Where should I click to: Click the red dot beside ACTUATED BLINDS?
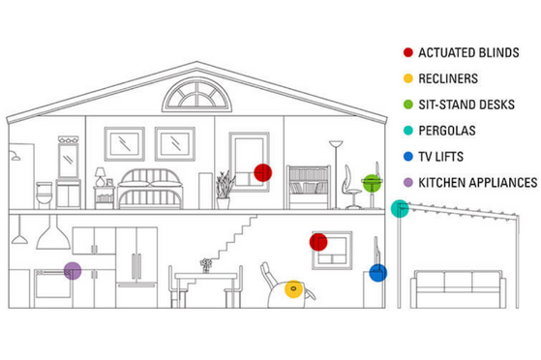pyautogui.click(x=408, y=51)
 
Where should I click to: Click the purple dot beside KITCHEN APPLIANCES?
pyautogui.click(x=408, y=182)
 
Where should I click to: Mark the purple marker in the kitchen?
pyautogui.click(x=73, y=270)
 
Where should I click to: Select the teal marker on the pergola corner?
pyautogui.click(x=399, y=208)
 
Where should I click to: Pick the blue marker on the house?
pyautogui.click(x=377, y=273)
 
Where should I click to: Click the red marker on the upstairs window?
pyautogui.click(x=262, y=172)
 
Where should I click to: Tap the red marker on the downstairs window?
pyautogui.click(x=317, y=241)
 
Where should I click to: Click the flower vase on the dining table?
pyautogui.click(x=206, y=264)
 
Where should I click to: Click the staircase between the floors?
pyautogui.click(x=235, y=236)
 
